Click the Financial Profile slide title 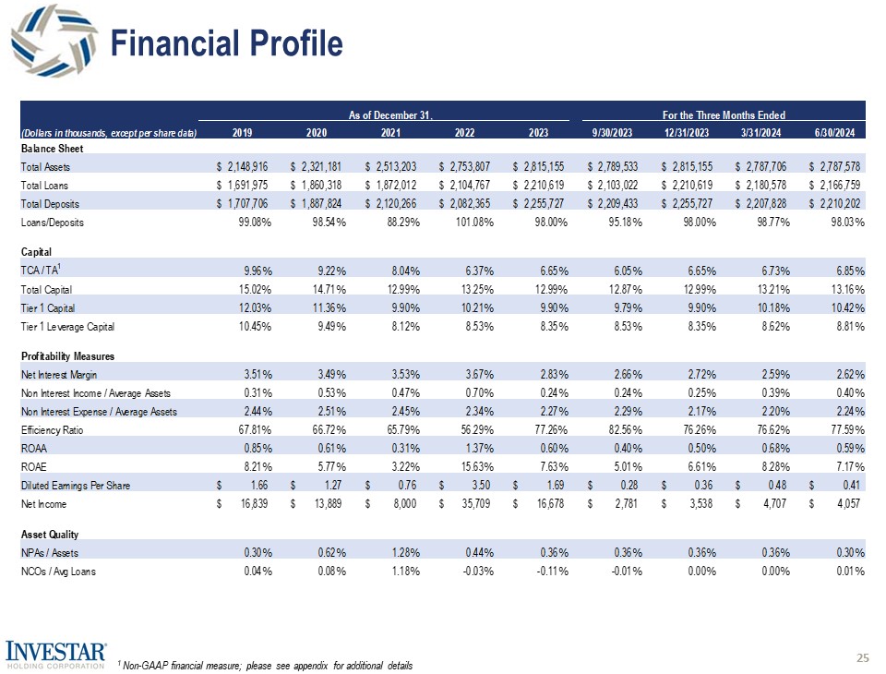[x=227, y=43]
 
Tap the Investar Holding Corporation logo [x=57, y=651]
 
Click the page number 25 [x=863, y=657]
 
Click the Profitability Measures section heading [x=68, y=355]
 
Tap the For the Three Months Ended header [x=724, y=115]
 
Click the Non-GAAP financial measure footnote [x=266, y=666]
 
